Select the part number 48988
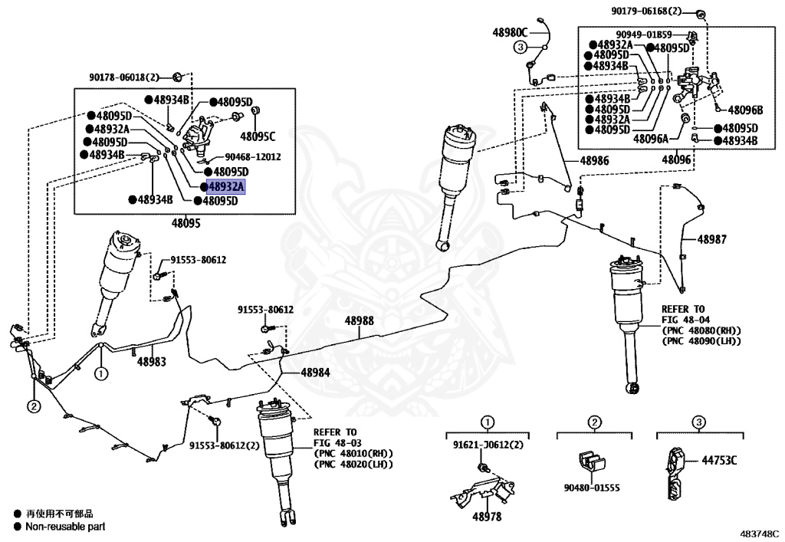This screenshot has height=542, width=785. click(x=359, y=320)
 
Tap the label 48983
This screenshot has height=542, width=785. click(x=152, y=360)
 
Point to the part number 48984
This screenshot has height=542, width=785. click(x=315, y=373)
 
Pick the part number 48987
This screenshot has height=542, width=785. click(x=711, y=239)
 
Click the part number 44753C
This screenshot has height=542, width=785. click(x=720, y=460)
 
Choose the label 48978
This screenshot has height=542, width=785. click(x=486, y=517)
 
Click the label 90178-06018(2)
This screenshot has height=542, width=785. click(x=123, y=77)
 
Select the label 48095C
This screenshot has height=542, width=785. click(x=257, y=136)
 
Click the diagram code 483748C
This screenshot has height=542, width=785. click(x=759, y=532)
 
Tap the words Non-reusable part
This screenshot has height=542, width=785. click(x=65, y=527)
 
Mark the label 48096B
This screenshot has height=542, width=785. click(x=745, y=110)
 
